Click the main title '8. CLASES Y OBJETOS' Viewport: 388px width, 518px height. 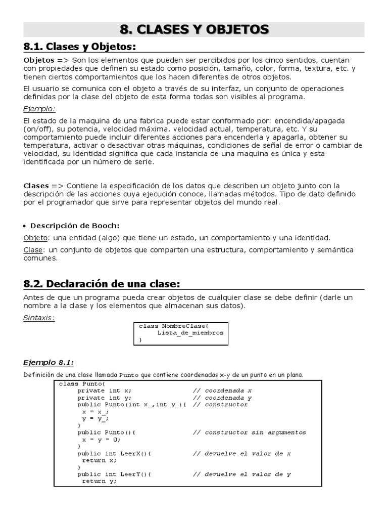click(195, 29)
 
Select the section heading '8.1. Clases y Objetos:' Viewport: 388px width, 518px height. click(80, 47)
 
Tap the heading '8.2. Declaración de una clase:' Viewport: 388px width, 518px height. click(102, 283)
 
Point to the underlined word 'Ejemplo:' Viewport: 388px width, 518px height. click(39, 109)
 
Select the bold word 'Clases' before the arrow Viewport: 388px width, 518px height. click(36, 185)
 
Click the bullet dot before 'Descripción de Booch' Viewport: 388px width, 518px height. click(26, 226)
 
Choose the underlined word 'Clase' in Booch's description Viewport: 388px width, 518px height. click(33, 250)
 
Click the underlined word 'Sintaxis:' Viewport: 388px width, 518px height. click(39, 318)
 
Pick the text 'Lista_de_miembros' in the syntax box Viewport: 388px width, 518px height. click(190, 333)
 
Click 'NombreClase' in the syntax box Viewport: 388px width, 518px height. click(188, 326)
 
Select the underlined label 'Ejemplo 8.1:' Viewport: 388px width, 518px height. click(48, 362)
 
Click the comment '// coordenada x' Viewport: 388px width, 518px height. click(222, 391)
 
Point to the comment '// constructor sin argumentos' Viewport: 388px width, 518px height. click(249, 433)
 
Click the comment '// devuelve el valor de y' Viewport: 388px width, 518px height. click(241, 474)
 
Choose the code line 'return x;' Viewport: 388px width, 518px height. click(99, 460)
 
